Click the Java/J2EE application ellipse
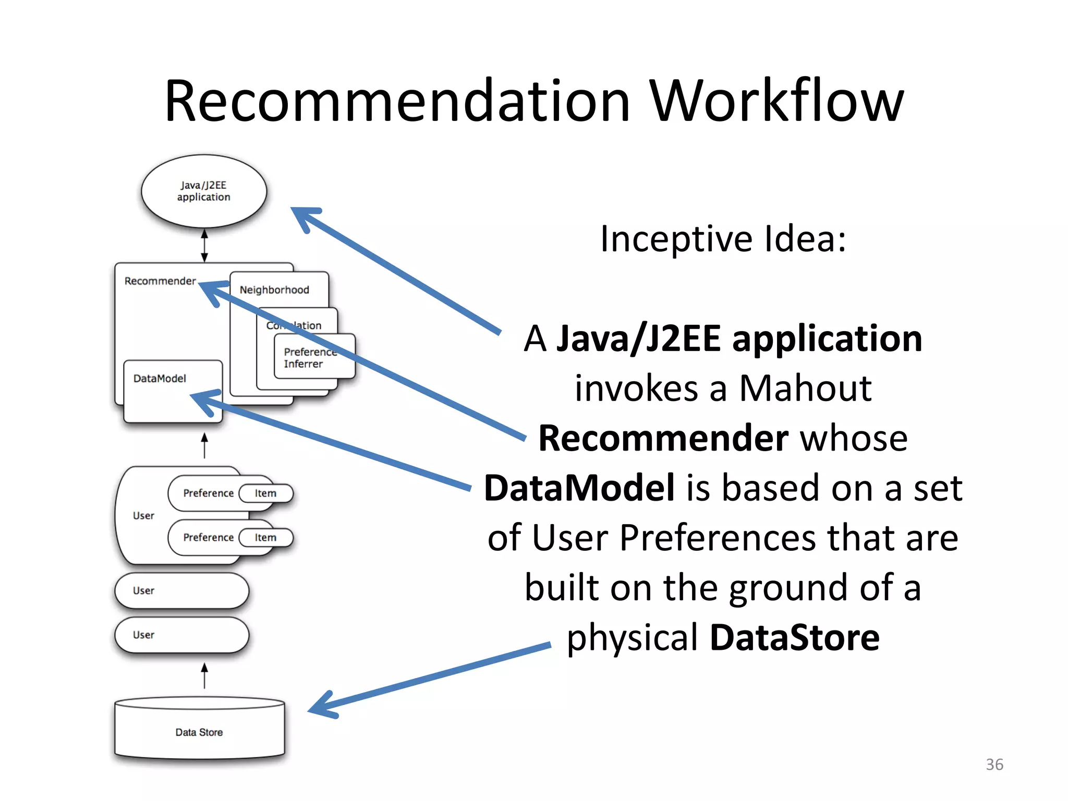pyautogui.click(x=203, y=191)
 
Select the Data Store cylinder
pyautogui.click(x=199, y=730)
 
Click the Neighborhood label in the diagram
pyautogui.click(x=274, y=290)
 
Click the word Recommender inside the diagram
pyautogui.click(x=160, y=281)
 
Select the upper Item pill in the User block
pyautogui.click(x=265, y=493)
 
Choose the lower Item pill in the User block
pyautogui.click(x=265, y=538)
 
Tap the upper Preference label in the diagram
pyautogui.click(x=208, y=493)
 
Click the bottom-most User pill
pyautogui.click(x=181, y=635)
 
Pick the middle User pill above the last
pyautogui.click(x=181, y=590)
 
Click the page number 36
pyautogui.click(x=994, y=764)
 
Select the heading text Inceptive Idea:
pyautogui.click(x=723, y=239)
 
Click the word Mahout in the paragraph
pyautogui.click(x=805, y=388)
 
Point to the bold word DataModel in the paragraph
pyautogui.click(x=579, y=488)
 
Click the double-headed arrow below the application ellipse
pyautogui.click(x=204, y=245)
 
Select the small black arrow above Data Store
pyautogui.click(x=204, y=675)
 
